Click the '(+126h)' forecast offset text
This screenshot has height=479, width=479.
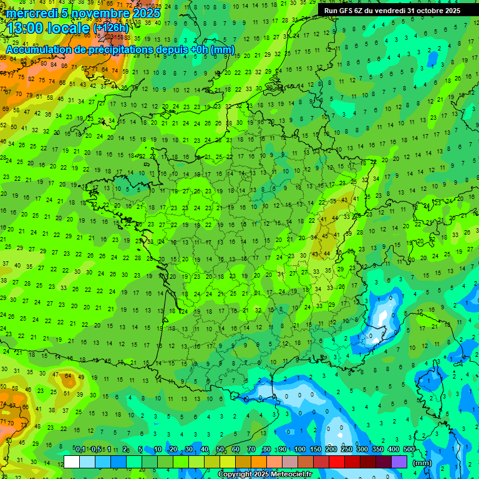coord(111,28)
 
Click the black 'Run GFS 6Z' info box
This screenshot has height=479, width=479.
coord(392,10)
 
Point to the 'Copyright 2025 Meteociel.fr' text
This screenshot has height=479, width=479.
coord(264,474)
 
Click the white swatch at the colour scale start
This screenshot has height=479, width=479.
coord(72,462)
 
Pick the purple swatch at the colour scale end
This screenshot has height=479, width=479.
coord(399,462)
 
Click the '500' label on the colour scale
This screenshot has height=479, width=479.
coord(409,449)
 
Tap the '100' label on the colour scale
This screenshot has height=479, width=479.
coord(300,449)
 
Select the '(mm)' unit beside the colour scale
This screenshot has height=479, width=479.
coord(422,463)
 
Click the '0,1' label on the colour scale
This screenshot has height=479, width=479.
coord(80,449)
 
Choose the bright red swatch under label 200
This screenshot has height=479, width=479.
coord(337,462)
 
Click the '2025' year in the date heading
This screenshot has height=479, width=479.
coord(147,13)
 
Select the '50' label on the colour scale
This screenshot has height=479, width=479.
coord(220,449)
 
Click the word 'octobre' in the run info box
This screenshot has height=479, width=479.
coord(423,10)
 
